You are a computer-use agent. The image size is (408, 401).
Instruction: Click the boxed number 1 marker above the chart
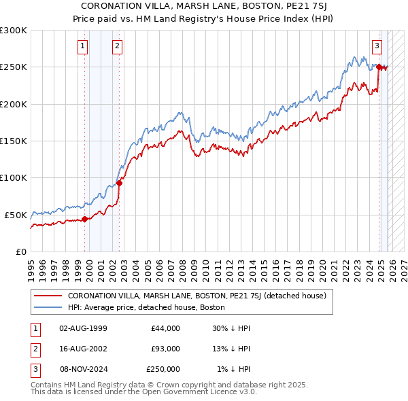pos(82,46)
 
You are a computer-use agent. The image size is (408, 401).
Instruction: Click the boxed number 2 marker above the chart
pos(117,46)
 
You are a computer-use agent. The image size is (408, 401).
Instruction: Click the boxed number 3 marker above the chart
pos(376,46)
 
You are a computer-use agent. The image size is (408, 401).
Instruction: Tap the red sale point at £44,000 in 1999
pos(85,219)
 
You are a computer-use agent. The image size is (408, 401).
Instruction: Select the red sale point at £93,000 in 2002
pos(119,183)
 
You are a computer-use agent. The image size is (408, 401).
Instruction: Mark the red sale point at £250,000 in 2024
pos(379,67)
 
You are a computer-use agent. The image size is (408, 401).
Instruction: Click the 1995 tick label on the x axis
pos(31,265)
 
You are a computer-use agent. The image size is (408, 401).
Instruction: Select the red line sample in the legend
pos(47,296)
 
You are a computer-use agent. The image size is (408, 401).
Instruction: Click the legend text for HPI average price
pos(150,307)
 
